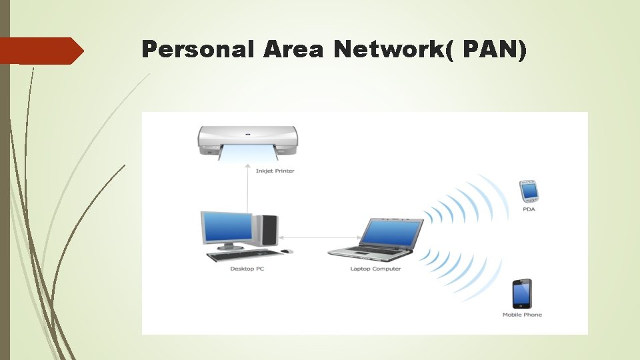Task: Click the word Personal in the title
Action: coord(198,49)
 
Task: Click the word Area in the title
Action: coord(293,49)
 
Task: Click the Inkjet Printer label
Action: coord(275,171)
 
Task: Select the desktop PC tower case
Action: coord(267,229)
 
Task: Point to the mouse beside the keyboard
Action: coord(287,251)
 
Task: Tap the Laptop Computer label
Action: coord(375,269)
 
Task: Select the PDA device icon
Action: coord(529,191)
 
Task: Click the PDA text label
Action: coord(529,209)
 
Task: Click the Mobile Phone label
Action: coord(522,315)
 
